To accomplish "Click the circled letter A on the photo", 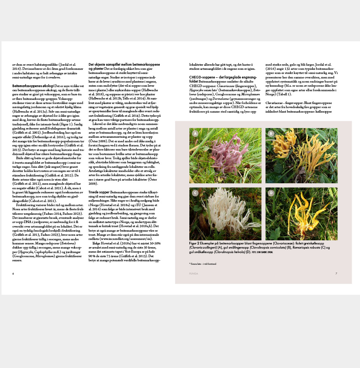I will tap(195, 133).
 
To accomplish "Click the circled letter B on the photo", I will tap(271, 133).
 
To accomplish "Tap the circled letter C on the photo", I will tap(195, 193).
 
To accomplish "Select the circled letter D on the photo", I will tap(271, 193).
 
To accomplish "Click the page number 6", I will tap(13, 273).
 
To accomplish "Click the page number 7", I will tap(336, 273).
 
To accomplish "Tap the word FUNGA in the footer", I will tap(193, 273).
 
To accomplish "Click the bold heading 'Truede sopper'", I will tap(99, 192).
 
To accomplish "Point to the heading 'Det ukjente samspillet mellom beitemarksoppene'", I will tap(124, 65).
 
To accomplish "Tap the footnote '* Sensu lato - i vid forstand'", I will tap(203, 264).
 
